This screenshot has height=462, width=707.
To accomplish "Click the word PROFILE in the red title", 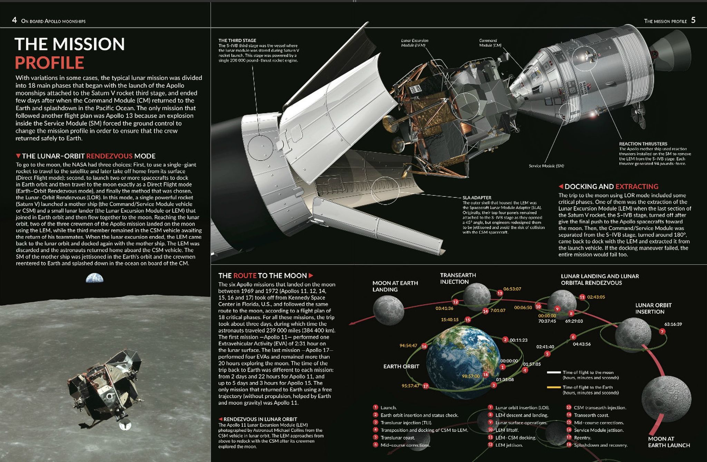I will pyautogui.click(x=49, y=63).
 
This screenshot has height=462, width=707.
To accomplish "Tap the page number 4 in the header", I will pyautogui.click(x=14, y=20).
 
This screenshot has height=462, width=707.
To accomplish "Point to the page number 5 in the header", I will pyautogui.click(x=693, y=20).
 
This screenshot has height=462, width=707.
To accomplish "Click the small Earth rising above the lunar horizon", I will pyautogui.click(x=95, y=278).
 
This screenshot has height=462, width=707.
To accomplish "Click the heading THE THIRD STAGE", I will pyautogui.click(x=237, y=40).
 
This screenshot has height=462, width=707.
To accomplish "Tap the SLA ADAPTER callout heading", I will pyautogui.click(x=477, y=198).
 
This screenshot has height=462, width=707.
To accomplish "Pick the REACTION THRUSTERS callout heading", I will pyautogui.click(x=643, y=144).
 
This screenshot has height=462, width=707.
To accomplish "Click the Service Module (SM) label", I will pyautogui.click(x=546, y=166).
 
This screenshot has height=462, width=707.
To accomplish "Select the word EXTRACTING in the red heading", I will pyautogui.click(x=637, y=186).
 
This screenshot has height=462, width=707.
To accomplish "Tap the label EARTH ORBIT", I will pyautogui.click(x=401, y=366).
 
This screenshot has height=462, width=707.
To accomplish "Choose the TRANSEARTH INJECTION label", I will pyautogui.click(x=458, y=278).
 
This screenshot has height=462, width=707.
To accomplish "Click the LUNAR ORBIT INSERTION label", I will pyautogui.click(x=653, y=308).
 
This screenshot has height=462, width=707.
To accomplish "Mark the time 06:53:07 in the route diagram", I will pyautogui.click(x=512, y=289).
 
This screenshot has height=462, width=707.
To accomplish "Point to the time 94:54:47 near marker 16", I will pyautogui.click(x=408, y=346).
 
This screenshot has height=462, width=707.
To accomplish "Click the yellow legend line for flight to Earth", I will pyautogui.click(x=553, y=387).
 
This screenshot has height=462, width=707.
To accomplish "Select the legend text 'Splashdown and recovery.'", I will pyautogui.click(x=600, y=445).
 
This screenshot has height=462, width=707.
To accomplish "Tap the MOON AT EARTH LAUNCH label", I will pyautogui.click(x=669, y=442).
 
